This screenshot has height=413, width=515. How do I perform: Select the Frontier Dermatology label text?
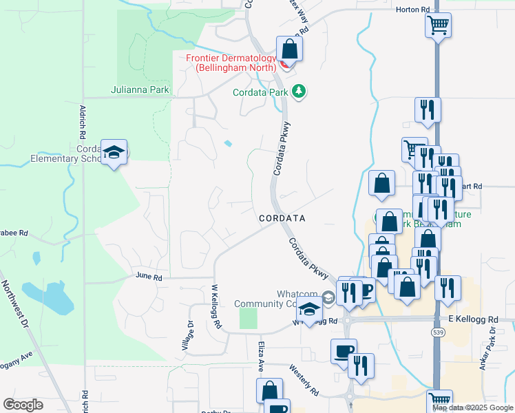[231, 63]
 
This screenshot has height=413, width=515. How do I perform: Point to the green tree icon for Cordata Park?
[298, 91]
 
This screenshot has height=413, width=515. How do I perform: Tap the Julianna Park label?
[140, 89]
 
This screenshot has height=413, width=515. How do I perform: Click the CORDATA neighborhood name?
[282, 218]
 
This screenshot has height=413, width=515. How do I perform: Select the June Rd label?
[149, 277]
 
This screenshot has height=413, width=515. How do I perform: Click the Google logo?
[23, 405]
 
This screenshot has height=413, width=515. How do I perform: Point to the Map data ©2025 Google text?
[472, 407]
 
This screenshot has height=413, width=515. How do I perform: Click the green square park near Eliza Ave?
[248, 318]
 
